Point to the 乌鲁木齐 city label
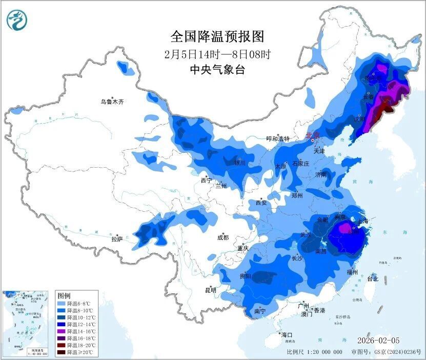(112, 102)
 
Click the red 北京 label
(312, 135)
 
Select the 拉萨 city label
(117, 238)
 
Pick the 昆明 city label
(211, 290)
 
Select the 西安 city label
(261, 203)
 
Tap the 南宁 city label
(260, 311)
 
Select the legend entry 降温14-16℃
(79, 332)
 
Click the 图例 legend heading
(64, 296)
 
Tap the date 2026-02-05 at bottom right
(379, 341)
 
